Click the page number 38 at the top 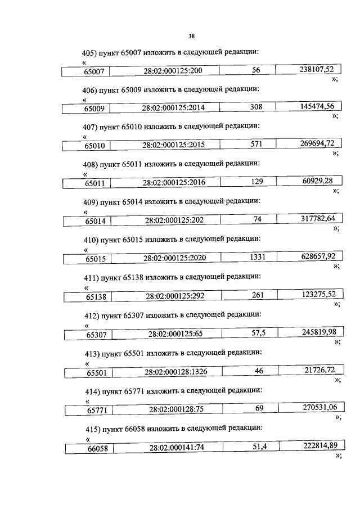point(191,36)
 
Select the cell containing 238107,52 point(308,70)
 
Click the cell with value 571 point(247,144)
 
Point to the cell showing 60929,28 point(309,181)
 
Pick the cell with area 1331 point(249,258)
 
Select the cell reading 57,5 point(250,333)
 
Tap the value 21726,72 point(319,370)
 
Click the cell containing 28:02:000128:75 point(168,409)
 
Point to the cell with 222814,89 point(312,445)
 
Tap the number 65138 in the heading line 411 point(133,278)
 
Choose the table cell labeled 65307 point(88,335)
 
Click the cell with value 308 point(247,107)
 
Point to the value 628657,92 point(318,256)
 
